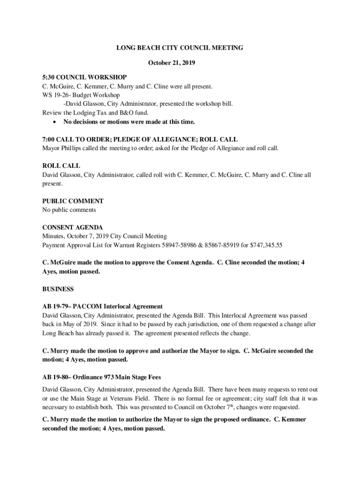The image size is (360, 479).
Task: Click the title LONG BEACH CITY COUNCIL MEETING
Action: click(x=180, y=48)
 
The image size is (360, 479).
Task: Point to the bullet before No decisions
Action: click(x=56, y=122)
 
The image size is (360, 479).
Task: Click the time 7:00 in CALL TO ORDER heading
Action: click(x=49, y=139)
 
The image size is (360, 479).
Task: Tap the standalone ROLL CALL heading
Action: click(x=61, y=166)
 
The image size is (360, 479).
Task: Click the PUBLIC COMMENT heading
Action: click(x=73, y=201)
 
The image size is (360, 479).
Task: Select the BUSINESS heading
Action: click(x=58, y=289)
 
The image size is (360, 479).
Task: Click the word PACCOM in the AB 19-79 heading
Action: click(x=86, y=307)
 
